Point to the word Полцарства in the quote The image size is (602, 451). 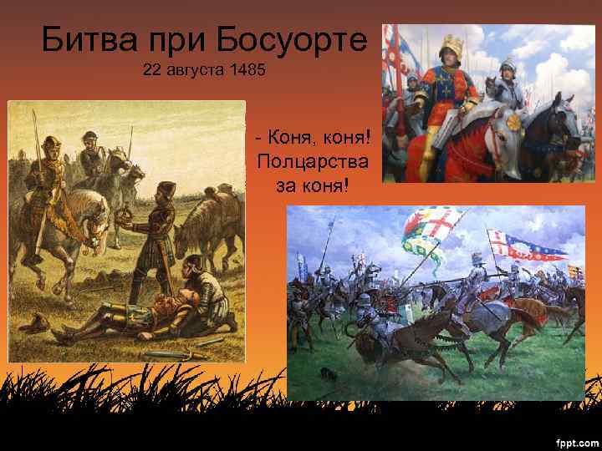point(311,160)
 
